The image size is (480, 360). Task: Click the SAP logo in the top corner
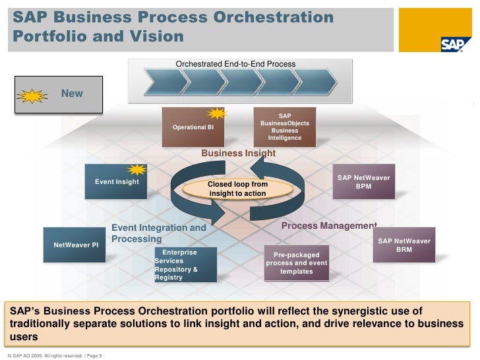click(456, 44)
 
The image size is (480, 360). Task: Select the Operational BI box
click(193, 127)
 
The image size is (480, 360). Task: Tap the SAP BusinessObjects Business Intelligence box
click(285, 127)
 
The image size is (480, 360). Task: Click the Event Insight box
click(117, 181)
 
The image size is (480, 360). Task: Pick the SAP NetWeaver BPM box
click(363, 182)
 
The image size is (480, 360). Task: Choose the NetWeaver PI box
click(75, 245)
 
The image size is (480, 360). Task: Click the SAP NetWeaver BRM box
click(404, 245)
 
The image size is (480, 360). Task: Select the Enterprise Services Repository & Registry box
click(181, 264)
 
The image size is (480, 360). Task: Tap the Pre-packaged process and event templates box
click(297, 262)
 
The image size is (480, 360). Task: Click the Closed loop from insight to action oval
click(237, 189)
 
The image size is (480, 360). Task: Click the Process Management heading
click(328, 225)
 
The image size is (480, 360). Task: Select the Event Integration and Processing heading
click(158, 233)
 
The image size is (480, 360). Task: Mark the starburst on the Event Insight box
click(136, 169)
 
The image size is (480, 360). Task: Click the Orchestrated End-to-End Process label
click(235, 64)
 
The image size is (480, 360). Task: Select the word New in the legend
click(72, 94)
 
